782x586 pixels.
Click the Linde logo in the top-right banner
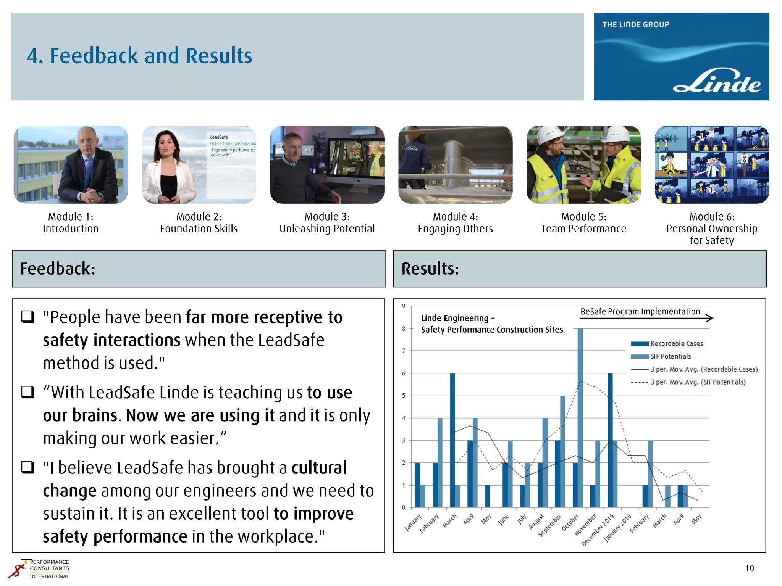click(x=716, y=81)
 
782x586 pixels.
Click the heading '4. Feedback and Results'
click(x=139, y=56)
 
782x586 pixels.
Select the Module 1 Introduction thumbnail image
click(x=71, y=164)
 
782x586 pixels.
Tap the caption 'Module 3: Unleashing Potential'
click(x=327, y=223)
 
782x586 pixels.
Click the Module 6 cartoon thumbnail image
click(x=712, y=164)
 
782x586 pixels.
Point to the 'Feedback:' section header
click(x=58, y=269)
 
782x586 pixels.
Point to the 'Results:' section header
click(x=430, y=269)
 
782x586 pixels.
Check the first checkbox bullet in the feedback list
click(x=28, y=317)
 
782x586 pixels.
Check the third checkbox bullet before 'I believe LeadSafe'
click(x=28, y=467)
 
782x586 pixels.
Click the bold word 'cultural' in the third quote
click(x=319, y=468)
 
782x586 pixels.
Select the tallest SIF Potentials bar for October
click(x=580, y=418)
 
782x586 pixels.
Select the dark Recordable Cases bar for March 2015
click(x=452, y=440)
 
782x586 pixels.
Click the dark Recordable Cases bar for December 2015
click(x=610, y=440)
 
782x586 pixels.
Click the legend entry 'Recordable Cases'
click(x=676, y=343)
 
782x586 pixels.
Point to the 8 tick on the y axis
click(x=404, y=328)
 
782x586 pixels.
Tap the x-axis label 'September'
click(x=550, y=525)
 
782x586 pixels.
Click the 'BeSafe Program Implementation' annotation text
click(x=640, y=311)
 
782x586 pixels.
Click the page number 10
click(x=749, y=568)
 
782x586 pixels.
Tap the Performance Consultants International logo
click(x=39, y=569)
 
